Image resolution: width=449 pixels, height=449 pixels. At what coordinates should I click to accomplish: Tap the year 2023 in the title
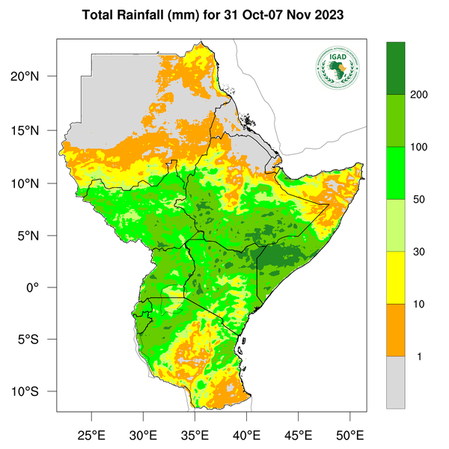(329, 15)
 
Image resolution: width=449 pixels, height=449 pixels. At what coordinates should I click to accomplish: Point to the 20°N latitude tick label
(35, 77)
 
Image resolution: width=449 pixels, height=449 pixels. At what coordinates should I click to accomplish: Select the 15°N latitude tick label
(35, 130)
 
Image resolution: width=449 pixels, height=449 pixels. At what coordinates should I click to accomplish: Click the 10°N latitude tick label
(35, 183)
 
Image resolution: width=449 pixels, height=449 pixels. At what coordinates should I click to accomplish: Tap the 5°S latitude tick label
(37, 340)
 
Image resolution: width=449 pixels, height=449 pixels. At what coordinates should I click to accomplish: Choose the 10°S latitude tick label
(35, 392)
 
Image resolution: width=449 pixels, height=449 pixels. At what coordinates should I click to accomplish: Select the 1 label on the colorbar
(419, 356)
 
